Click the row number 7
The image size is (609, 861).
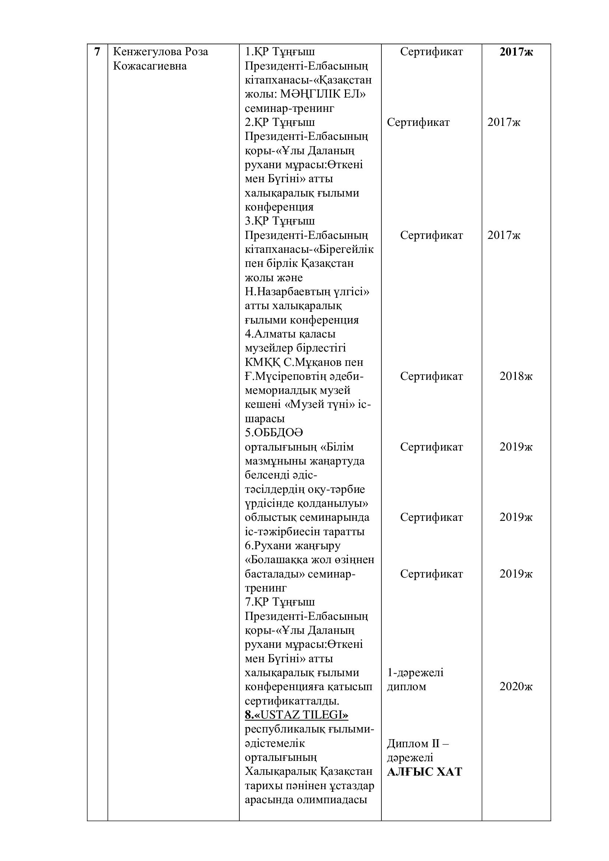point(97,52)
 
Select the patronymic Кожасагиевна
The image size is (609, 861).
point(149,66)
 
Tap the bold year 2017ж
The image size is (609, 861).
point(516,52)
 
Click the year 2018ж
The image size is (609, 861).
point(516,376)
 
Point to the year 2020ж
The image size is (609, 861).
point(516,687)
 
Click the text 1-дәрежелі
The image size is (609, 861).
point(415,673)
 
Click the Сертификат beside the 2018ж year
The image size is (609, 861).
point(431,376)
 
